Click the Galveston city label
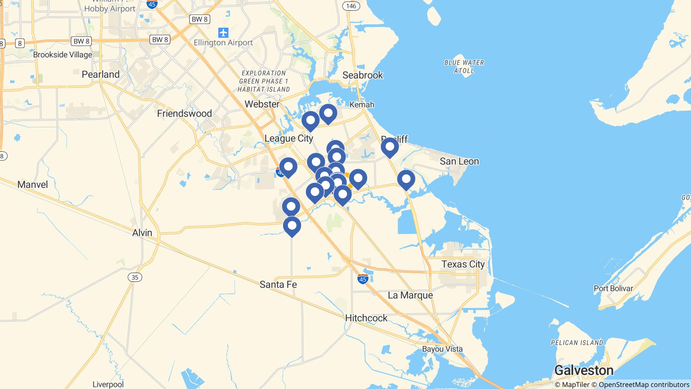584,370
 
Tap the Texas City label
463,264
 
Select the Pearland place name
101,74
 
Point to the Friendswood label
185,113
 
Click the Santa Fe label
278,285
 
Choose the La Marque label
410,295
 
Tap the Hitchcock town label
366,318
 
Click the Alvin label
142,233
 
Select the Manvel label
32,184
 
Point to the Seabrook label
363,75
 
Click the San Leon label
459,161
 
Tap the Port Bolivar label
613,288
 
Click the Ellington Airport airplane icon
223,33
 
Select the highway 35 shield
135,277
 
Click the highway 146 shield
351,6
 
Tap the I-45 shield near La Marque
363,279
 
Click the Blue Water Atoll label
464,67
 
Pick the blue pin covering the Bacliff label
390,147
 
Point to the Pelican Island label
577,343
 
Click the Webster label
262,104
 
